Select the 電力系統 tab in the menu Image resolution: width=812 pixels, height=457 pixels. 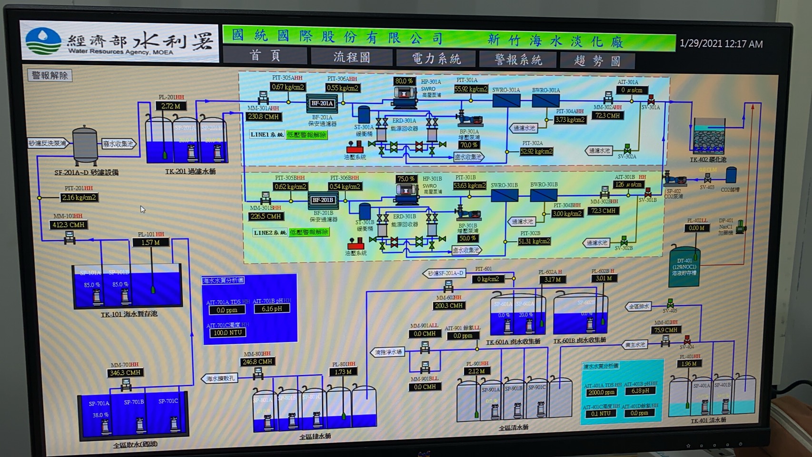coord(436,59)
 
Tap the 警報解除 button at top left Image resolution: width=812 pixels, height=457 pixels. coord(50,75)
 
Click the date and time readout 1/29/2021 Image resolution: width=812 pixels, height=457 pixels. coord(721,44)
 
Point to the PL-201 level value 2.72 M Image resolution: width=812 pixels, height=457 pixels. coord(171,106)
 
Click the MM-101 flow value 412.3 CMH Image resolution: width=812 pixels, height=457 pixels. coord(69,225)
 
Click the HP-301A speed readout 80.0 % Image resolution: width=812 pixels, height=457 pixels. coord(404,81)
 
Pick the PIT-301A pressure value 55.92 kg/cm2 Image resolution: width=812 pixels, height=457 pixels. coord(471,89)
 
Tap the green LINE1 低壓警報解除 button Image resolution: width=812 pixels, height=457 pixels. coord(307,135)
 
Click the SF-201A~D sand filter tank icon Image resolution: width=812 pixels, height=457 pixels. coord(85,145)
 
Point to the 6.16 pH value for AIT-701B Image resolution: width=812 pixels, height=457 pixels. coord(271,308)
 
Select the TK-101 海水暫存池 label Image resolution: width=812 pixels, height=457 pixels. coord(129,314)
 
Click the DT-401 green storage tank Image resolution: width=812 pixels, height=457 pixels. coord(684,267)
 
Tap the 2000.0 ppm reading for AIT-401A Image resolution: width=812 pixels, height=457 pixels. coord(601,393)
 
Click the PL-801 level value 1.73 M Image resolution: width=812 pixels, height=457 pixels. coord(343,372)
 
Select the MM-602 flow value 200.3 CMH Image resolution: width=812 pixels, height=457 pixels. coord(449,306)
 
